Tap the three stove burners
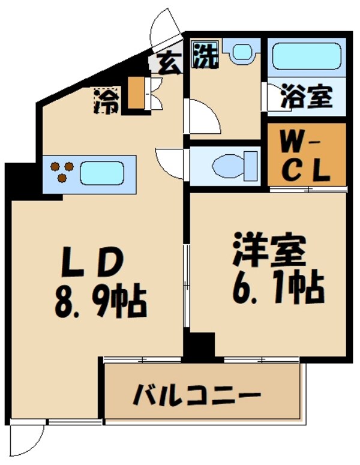point(61,172)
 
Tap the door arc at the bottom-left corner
point(28,441)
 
